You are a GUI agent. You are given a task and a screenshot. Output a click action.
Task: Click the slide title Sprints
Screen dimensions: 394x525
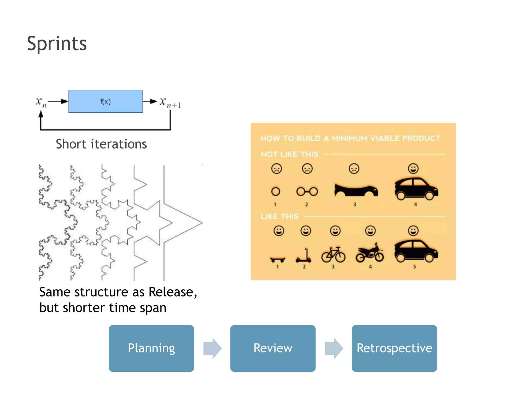[57, 44]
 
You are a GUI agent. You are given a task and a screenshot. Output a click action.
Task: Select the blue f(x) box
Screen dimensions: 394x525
[105, 101]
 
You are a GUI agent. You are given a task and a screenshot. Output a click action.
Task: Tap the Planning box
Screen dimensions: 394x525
[151, 348]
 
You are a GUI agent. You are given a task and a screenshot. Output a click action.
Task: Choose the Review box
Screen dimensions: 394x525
[273, 348]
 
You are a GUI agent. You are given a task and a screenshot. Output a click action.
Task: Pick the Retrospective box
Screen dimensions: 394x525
[394, 348]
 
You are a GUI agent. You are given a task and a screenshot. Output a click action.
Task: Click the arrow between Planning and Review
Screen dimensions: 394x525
[212, 348]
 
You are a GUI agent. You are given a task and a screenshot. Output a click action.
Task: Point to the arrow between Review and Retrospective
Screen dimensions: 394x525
[334, 348]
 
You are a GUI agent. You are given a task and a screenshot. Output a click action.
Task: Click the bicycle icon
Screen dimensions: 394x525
[333, 254]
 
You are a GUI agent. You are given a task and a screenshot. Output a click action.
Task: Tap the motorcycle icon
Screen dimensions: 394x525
[370, 253]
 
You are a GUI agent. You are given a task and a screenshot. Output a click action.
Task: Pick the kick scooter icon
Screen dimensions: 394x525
[304, 256]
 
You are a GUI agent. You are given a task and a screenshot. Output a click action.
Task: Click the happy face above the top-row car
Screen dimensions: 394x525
[413, 169]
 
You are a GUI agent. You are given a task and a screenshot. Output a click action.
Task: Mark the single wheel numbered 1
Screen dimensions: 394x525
[276, 191]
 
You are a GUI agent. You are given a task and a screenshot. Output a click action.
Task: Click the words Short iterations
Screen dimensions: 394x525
[101, 144]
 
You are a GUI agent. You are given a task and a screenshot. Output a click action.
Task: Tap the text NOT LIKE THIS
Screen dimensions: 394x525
[289, 154]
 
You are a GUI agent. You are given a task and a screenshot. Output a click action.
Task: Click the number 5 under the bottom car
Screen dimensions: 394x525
[415, 267]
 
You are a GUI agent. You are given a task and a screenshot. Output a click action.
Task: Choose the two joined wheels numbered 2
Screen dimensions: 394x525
[307, 191]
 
